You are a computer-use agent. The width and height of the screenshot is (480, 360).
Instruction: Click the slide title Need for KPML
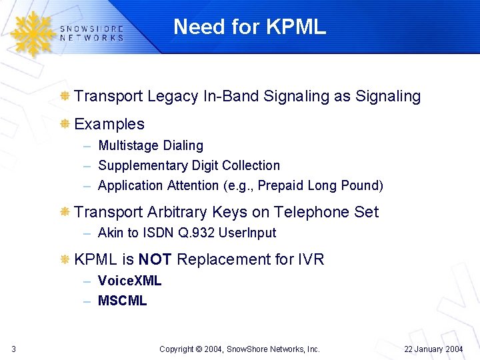click(x=249, y=27)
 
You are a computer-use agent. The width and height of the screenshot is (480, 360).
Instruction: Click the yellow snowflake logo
click(x=32, y=33)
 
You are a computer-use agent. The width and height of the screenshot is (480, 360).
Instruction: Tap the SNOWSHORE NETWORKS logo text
click(x=91, y=33)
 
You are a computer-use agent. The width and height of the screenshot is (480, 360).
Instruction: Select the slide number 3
click(x=14, y=349)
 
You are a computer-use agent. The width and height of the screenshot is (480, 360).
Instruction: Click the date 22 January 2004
click(x=433, y=349)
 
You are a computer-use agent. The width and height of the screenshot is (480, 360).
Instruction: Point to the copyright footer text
click(x=240, y=349)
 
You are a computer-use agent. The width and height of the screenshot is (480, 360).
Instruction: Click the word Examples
click(x=109, y=124)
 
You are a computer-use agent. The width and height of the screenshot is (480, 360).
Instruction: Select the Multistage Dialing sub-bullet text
click(x=151, y=145)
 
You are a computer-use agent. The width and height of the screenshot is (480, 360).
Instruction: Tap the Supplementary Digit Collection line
click(x=189, y=165)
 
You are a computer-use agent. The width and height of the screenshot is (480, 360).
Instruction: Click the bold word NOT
click(x=155, y=259)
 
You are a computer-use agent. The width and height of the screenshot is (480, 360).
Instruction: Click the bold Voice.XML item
click(x=129, y=281)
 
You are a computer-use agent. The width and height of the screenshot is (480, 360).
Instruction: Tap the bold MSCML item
click(x=122, y=301)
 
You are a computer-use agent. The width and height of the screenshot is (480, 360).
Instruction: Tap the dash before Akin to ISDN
click(x=87, y=233)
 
